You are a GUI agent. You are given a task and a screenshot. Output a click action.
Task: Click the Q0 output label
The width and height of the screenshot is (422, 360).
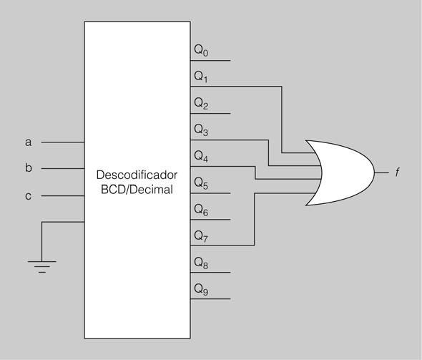pos(201,50)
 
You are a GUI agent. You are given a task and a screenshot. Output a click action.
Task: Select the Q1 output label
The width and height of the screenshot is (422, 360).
pos(201,77)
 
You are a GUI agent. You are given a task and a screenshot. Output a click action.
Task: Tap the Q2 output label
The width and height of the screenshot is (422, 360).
pos(201,103)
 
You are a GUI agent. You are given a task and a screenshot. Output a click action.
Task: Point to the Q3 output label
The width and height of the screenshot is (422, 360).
pos(201,130)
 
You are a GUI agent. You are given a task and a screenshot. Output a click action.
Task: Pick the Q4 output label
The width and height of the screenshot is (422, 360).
pos(201,156)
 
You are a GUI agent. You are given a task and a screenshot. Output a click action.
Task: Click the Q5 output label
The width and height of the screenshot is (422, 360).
pos(201,183)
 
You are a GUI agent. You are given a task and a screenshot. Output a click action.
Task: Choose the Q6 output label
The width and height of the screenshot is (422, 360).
pos(201,209)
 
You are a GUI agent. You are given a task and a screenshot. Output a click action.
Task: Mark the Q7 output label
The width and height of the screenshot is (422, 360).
pos(201,236)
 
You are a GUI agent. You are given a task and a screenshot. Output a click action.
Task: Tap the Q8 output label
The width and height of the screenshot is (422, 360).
pos(201,262)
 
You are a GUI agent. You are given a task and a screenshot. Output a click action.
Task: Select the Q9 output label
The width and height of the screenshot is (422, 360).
pos(201,289)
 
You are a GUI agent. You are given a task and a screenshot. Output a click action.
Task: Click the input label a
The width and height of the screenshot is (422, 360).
pos(29,142)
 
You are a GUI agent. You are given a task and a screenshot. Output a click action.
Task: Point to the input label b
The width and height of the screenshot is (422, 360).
pos(29,167)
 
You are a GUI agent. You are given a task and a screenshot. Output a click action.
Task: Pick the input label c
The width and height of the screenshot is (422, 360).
pos(29,196)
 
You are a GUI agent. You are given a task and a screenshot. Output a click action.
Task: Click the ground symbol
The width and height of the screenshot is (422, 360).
pos(42,266)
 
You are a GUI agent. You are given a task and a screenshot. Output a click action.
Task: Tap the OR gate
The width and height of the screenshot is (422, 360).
pos(340,172)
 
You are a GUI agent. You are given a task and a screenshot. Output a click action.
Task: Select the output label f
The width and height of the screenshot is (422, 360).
pos(398,172)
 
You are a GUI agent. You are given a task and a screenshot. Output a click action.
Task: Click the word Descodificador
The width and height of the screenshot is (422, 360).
pos(137,175)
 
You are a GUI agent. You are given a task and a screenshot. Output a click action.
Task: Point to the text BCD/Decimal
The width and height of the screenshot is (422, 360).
pos(137,190)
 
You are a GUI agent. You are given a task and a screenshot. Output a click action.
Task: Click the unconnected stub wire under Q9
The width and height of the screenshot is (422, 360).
pos(210,298)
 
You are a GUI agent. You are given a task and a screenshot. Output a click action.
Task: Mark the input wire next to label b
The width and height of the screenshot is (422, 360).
pos(63,169)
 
